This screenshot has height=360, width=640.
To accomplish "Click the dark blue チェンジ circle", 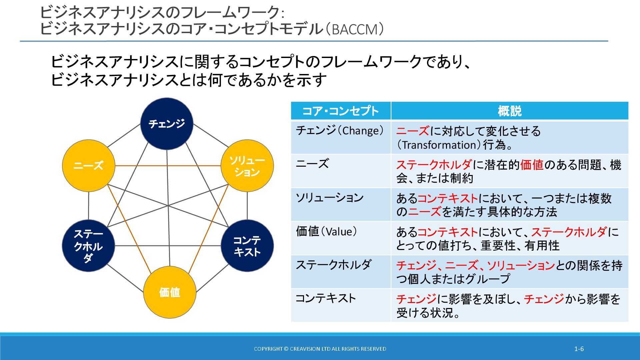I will click(x=167, y=124).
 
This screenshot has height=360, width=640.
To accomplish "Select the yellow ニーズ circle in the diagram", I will click(x=89, y=165).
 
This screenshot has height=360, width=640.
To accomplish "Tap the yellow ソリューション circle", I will click(x=247, y=166).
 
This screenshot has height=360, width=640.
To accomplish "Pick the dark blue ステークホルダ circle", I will click(x=89, y=246).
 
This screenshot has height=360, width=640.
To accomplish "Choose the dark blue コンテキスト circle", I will click(x=247, y=246).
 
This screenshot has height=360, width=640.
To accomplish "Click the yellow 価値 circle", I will click(x=170, y=292).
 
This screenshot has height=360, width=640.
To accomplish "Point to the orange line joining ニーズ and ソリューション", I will click(x=168, y=166).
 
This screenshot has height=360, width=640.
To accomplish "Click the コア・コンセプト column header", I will click(x=340, y=111).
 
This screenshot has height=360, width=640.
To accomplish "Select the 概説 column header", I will click(x=509, y=111).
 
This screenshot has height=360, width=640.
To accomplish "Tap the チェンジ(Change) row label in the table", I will click(x=340, y=131).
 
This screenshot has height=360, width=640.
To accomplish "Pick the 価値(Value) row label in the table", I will click(x=326, y=231).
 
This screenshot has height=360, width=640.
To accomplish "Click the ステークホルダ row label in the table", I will click(x=333, y=265).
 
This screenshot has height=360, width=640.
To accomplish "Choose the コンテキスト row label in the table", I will click(x=326, y=298).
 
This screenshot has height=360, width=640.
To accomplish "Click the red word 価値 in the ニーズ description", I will click(x=532, y=165).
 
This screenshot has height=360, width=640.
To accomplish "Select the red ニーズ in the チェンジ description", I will click(x=413, y=131).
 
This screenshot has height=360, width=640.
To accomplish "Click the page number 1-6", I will click(x=579, y=349).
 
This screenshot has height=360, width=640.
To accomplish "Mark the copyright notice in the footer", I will click(x=320, y=349).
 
